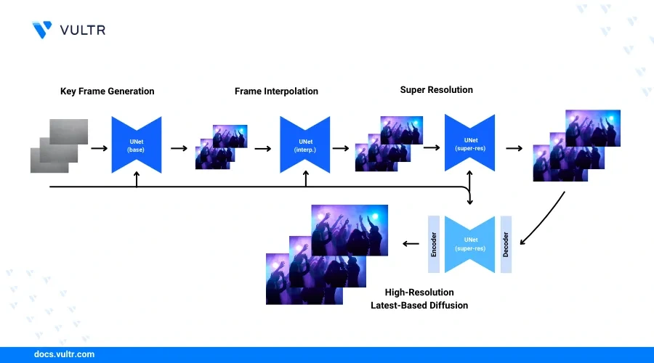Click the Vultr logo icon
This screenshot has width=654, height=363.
[x=42, y=29]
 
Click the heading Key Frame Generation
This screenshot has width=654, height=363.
[x=107, y=91]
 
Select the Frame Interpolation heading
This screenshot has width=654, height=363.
[x=276, y=91]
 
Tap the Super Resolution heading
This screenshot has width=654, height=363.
[x=436, y=90]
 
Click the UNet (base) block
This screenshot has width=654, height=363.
[x=136, y=144]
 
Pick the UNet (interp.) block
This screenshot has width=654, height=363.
[x=305, y=144]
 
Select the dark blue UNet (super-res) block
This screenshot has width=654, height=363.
[x=470, y=143]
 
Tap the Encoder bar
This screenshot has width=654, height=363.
[x=434, y=244]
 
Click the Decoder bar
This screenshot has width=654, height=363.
[x=506, y=244]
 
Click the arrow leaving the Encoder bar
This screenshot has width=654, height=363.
[x=411, y=244]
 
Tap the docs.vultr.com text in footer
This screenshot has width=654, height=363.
[x=65, y=355]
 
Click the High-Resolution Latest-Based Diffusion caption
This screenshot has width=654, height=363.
[x=419, y=299]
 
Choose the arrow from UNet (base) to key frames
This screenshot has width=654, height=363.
[x=178, y=147]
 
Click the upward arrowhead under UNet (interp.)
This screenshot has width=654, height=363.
[x=305, y=177]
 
